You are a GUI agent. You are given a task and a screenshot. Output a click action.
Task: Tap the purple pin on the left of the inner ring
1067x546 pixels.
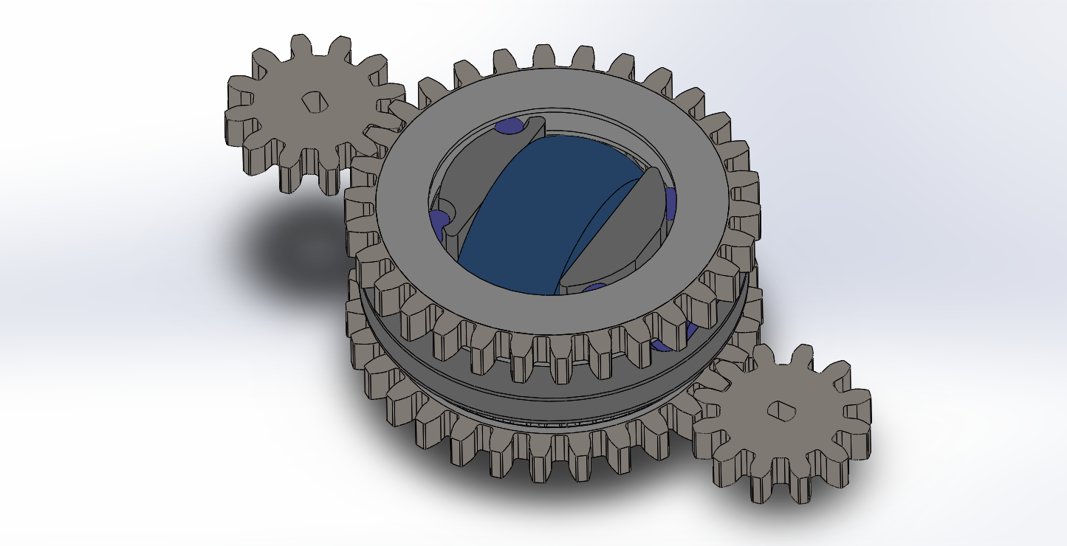(x=439, y=220)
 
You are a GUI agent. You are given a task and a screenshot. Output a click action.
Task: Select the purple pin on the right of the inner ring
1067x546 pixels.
(x=670, y=204)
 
